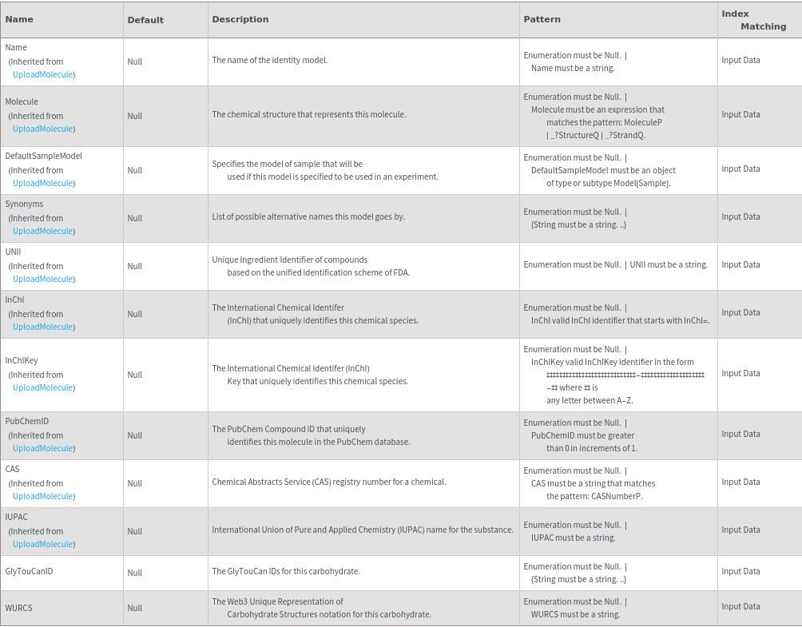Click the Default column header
click(145, 20)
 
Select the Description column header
click(240, 19)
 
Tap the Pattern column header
click(542, 19)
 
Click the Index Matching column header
click(753, 20)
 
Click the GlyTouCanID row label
click(29, 571)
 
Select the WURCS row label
click(18, 608)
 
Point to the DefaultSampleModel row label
click(43, 156)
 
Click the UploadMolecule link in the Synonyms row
click(43, 231)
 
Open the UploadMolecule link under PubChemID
click(43, 448)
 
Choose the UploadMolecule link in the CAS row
click(43, 496)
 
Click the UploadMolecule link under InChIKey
click(43, 387)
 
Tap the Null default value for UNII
click(134, 266)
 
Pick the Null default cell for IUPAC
click(134, 531)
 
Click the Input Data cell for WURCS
click(740, 606)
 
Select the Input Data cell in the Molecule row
click(740, 114)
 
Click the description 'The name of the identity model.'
click(269, 60)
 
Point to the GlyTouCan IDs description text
click(285, 571)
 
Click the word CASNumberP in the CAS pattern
click(616, 496)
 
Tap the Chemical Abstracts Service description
click(328, 482)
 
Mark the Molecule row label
click(22, 101)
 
